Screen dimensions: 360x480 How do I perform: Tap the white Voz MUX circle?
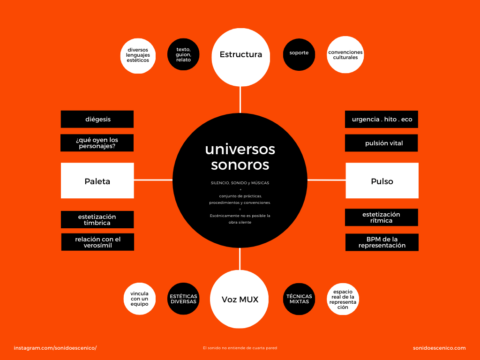coord(240,299)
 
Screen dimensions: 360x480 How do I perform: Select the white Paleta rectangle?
coord(97,181)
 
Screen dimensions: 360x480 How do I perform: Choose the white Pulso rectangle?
coord(382,181)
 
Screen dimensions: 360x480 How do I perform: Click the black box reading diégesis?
coord(97,119)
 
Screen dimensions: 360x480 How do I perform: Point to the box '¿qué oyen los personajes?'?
coord(97,143)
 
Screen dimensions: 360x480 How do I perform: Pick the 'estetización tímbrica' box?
coord(97,219)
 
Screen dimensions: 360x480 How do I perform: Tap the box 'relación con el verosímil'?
coord(97,242)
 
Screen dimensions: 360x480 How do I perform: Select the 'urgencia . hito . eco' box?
coord(382,119)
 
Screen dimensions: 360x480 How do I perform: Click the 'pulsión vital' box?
coord(382,143)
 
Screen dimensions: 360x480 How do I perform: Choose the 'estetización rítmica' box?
coord(382,217)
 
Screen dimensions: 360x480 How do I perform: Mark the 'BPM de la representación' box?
coord(382,242)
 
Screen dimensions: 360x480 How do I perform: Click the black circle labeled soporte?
coord(299,53)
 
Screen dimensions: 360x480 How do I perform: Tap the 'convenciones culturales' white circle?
coord(345,55)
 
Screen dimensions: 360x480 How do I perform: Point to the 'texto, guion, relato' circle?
coord(183,54)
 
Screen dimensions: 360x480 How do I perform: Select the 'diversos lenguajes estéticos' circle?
coord(138,56)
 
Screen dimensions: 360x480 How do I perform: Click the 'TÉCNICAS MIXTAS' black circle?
coord(299,299)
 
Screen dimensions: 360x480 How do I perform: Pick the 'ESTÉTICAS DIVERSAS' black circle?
coord(183,299)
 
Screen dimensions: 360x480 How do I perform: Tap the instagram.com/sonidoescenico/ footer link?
coord(55,348)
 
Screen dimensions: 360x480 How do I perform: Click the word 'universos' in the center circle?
coord(240,149)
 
